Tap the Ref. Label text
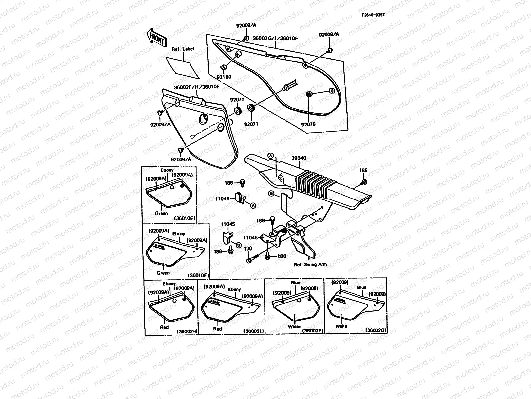tap(183, 49)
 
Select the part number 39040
tap(299, 158)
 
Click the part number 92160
tap(224, 77)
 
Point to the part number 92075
tap(308, 125)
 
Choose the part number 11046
tap(250, 238)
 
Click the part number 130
tap(248, 249)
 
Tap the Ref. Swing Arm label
tap(310, 265)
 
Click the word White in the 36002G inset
tap(341, 326)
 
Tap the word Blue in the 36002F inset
tap(295, 283)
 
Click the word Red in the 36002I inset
tap(217, 329)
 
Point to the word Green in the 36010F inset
tap(163, 273)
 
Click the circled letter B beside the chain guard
tap(271, 193)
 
